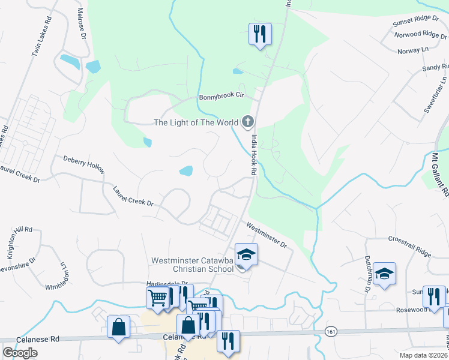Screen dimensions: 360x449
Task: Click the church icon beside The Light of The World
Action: [x=247, y=122]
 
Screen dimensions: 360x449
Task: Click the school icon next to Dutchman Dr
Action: [x=384, y=274]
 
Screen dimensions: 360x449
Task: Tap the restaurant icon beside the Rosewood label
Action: [x=433, y=296]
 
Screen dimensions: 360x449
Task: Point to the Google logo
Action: [x=20, y=353]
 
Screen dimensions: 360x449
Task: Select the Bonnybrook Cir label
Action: [x=223, y=96]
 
